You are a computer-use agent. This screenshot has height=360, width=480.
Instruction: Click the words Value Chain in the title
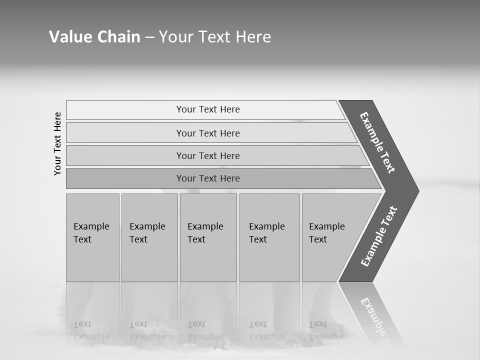coord(94,37)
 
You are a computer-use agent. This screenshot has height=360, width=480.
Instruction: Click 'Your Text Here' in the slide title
coord(215,37)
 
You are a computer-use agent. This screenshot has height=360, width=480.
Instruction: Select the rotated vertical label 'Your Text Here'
coord(57,143)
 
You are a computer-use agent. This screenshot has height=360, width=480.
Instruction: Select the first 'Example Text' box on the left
coord(92,237)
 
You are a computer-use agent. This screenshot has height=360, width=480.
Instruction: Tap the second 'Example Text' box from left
coord(149,237)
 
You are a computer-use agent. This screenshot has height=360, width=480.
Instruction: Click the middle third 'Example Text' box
coord(208,237)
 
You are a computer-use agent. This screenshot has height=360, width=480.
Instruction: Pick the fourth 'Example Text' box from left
coord(269,237)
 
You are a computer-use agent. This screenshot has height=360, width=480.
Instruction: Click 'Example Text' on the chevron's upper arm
coord(377,142)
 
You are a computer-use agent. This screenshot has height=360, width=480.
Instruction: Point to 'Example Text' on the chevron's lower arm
coord(379,236)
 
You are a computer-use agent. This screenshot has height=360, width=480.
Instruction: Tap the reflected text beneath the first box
coord(91,330)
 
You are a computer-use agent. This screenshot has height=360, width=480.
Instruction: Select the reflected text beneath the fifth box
coord(326,330)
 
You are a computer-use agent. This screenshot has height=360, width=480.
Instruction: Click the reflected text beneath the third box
coord(205,330)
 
